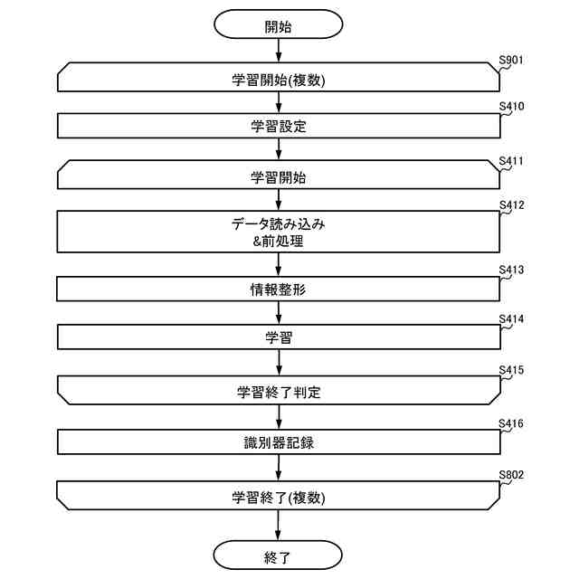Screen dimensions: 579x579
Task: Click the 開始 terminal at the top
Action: coord(278,26)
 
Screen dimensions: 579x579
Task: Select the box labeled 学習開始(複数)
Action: coord(278,79)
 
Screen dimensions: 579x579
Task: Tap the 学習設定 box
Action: coord(278,127)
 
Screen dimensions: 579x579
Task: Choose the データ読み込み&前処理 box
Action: coord(278,232)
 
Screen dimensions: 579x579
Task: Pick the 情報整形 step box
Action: coord(278,289)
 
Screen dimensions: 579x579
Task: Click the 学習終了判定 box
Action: coord(278,392)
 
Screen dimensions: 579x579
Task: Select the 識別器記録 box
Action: coord(278,443)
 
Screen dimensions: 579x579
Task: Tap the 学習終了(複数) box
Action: coord(278,496)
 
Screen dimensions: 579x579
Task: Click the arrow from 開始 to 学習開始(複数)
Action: coord(278,52)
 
